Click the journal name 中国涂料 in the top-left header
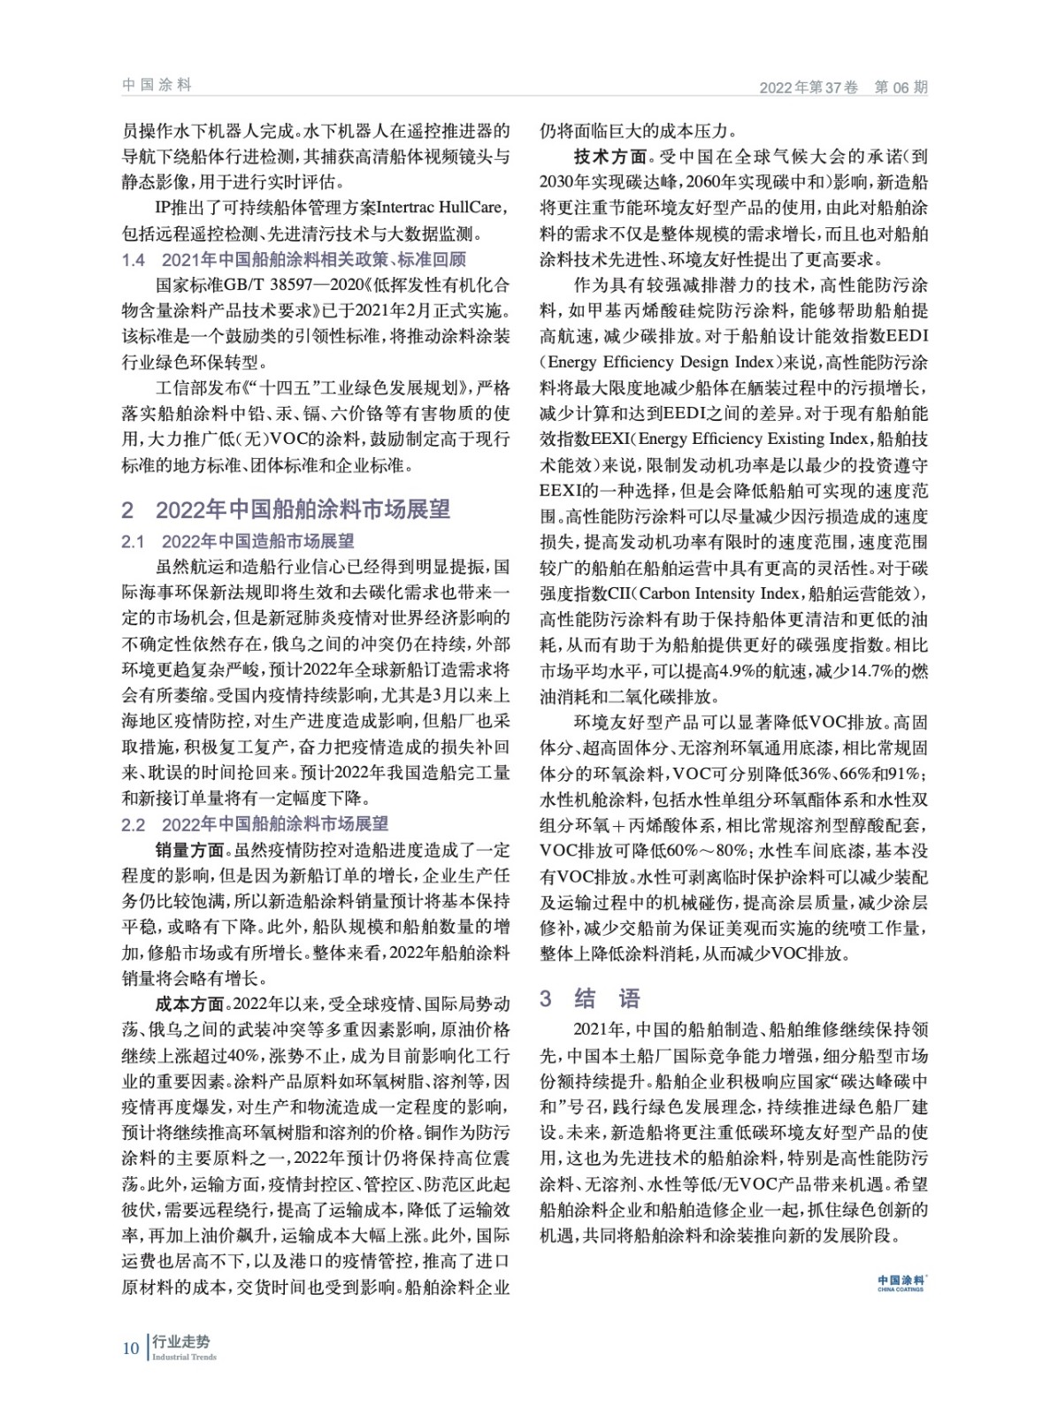coord(157,85)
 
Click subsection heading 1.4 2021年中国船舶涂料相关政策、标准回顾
coord(293,260)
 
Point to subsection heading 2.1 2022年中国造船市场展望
coord(238,541)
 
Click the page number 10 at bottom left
coord(130,1348)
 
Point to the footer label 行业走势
coord(180,1342)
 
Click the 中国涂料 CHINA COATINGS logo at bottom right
coord(901,1282)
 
